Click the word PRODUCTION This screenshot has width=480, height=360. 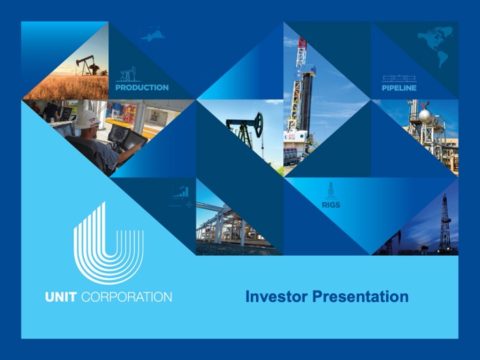(x=141, y=88)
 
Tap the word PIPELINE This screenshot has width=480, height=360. (x=398, y=89)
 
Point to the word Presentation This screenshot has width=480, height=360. (x=363, y=296)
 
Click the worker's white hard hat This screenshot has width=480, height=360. (x=88, y=118)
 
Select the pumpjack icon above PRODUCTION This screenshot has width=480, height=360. (x=127, y=74)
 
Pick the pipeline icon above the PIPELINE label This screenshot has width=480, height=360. (x=398, y=77)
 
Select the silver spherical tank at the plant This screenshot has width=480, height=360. (x=424, y=116)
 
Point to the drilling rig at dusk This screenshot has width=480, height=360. (x=443, y=222)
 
